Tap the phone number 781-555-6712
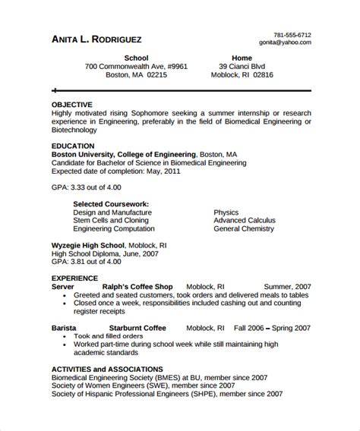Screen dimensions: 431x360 (x=292, y=35)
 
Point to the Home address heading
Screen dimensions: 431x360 (x=242, y=58)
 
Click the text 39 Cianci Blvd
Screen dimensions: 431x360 (x=242, y=67)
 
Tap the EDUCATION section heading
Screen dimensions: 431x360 (x=73, y=145)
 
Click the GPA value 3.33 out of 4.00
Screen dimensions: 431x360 (x=83, y=186)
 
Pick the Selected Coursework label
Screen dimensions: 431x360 (x=110, y=204)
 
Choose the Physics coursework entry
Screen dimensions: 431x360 (x=226, y=213)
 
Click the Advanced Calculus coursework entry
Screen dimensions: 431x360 (x=245, y=222)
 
